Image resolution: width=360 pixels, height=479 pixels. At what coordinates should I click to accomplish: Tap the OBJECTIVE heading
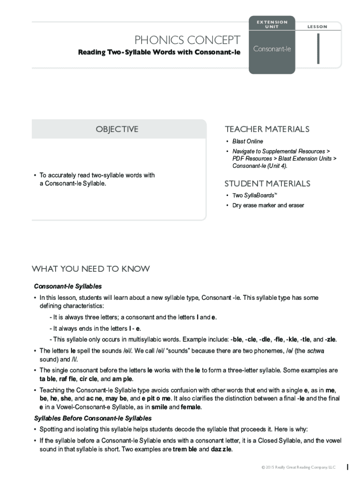(x=117, y=129)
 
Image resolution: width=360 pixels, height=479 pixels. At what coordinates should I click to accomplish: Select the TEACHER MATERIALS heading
(x=267, y=129)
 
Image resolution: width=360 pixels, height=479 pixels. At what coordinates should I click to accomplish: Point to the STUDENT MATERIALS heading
(x=267, y=183)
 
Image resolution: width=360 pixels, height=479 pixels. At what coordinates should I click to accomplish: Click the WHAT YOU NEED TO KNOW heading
(x=91, y=269)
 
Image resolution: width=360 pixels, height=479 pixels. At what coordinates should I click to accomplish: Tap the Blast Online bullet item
(x=247, y=141)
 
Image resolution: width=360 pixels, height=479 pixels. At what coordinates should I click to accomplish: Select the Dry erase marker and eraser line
(x=268, y=205)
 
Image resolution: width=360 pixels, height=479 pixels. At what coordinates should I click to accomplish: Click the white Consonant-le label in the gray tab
(x=272, y=49)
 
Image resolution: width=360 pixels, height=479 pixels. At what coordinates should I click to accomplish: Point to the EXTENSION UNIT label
(x=272, y=24)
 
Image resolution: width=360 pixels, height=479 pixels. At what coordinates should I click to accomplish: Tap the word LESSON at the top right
(x=317, y=27)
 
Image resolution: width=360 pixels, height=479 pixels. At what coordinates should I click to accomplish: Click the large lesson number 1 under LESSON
(x=318, y=49)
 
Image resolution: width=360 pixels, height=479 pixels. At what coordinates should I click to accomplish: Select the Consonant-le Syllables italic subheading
(x=68, y=286)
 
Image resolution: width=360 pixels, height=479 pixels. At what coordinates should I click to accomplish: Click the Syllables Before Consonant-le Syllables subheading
(x=93, y=418)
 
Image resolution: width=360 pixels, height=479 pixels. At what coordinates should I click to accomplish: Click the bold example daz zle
(x=221, y=450)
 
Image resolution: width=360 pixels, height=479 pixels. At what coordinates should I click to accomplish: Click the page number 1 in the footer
(x=347, y=466)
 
